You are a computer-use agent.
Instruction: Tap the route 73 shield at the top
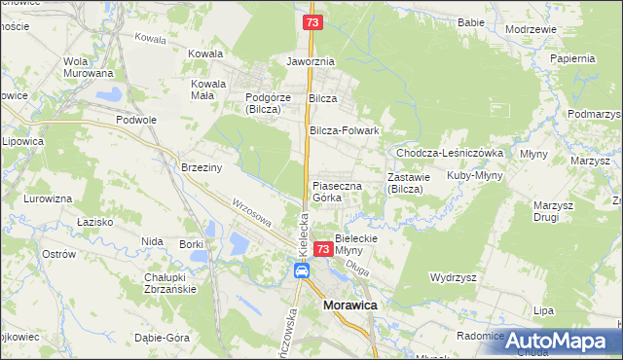pos(311,21)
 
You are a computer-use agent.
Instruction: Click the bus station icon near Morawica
pos(302,272)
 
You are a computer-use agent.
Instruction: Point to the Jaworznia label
pos(311,60)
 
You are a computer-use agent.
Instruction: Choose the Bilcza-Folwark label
pos(344,130)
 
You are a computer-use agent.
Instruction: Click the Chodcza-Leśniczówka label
pos(449,153)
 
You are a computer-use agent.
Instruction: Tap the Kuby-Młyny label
pos(473,176)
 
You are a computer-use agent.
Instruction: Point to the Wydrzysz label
pos(458,277)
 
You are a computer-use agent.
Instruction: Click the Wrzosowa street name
pos(251,213)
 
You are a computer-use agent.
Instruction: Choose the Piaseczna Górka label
pos(337,191)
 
